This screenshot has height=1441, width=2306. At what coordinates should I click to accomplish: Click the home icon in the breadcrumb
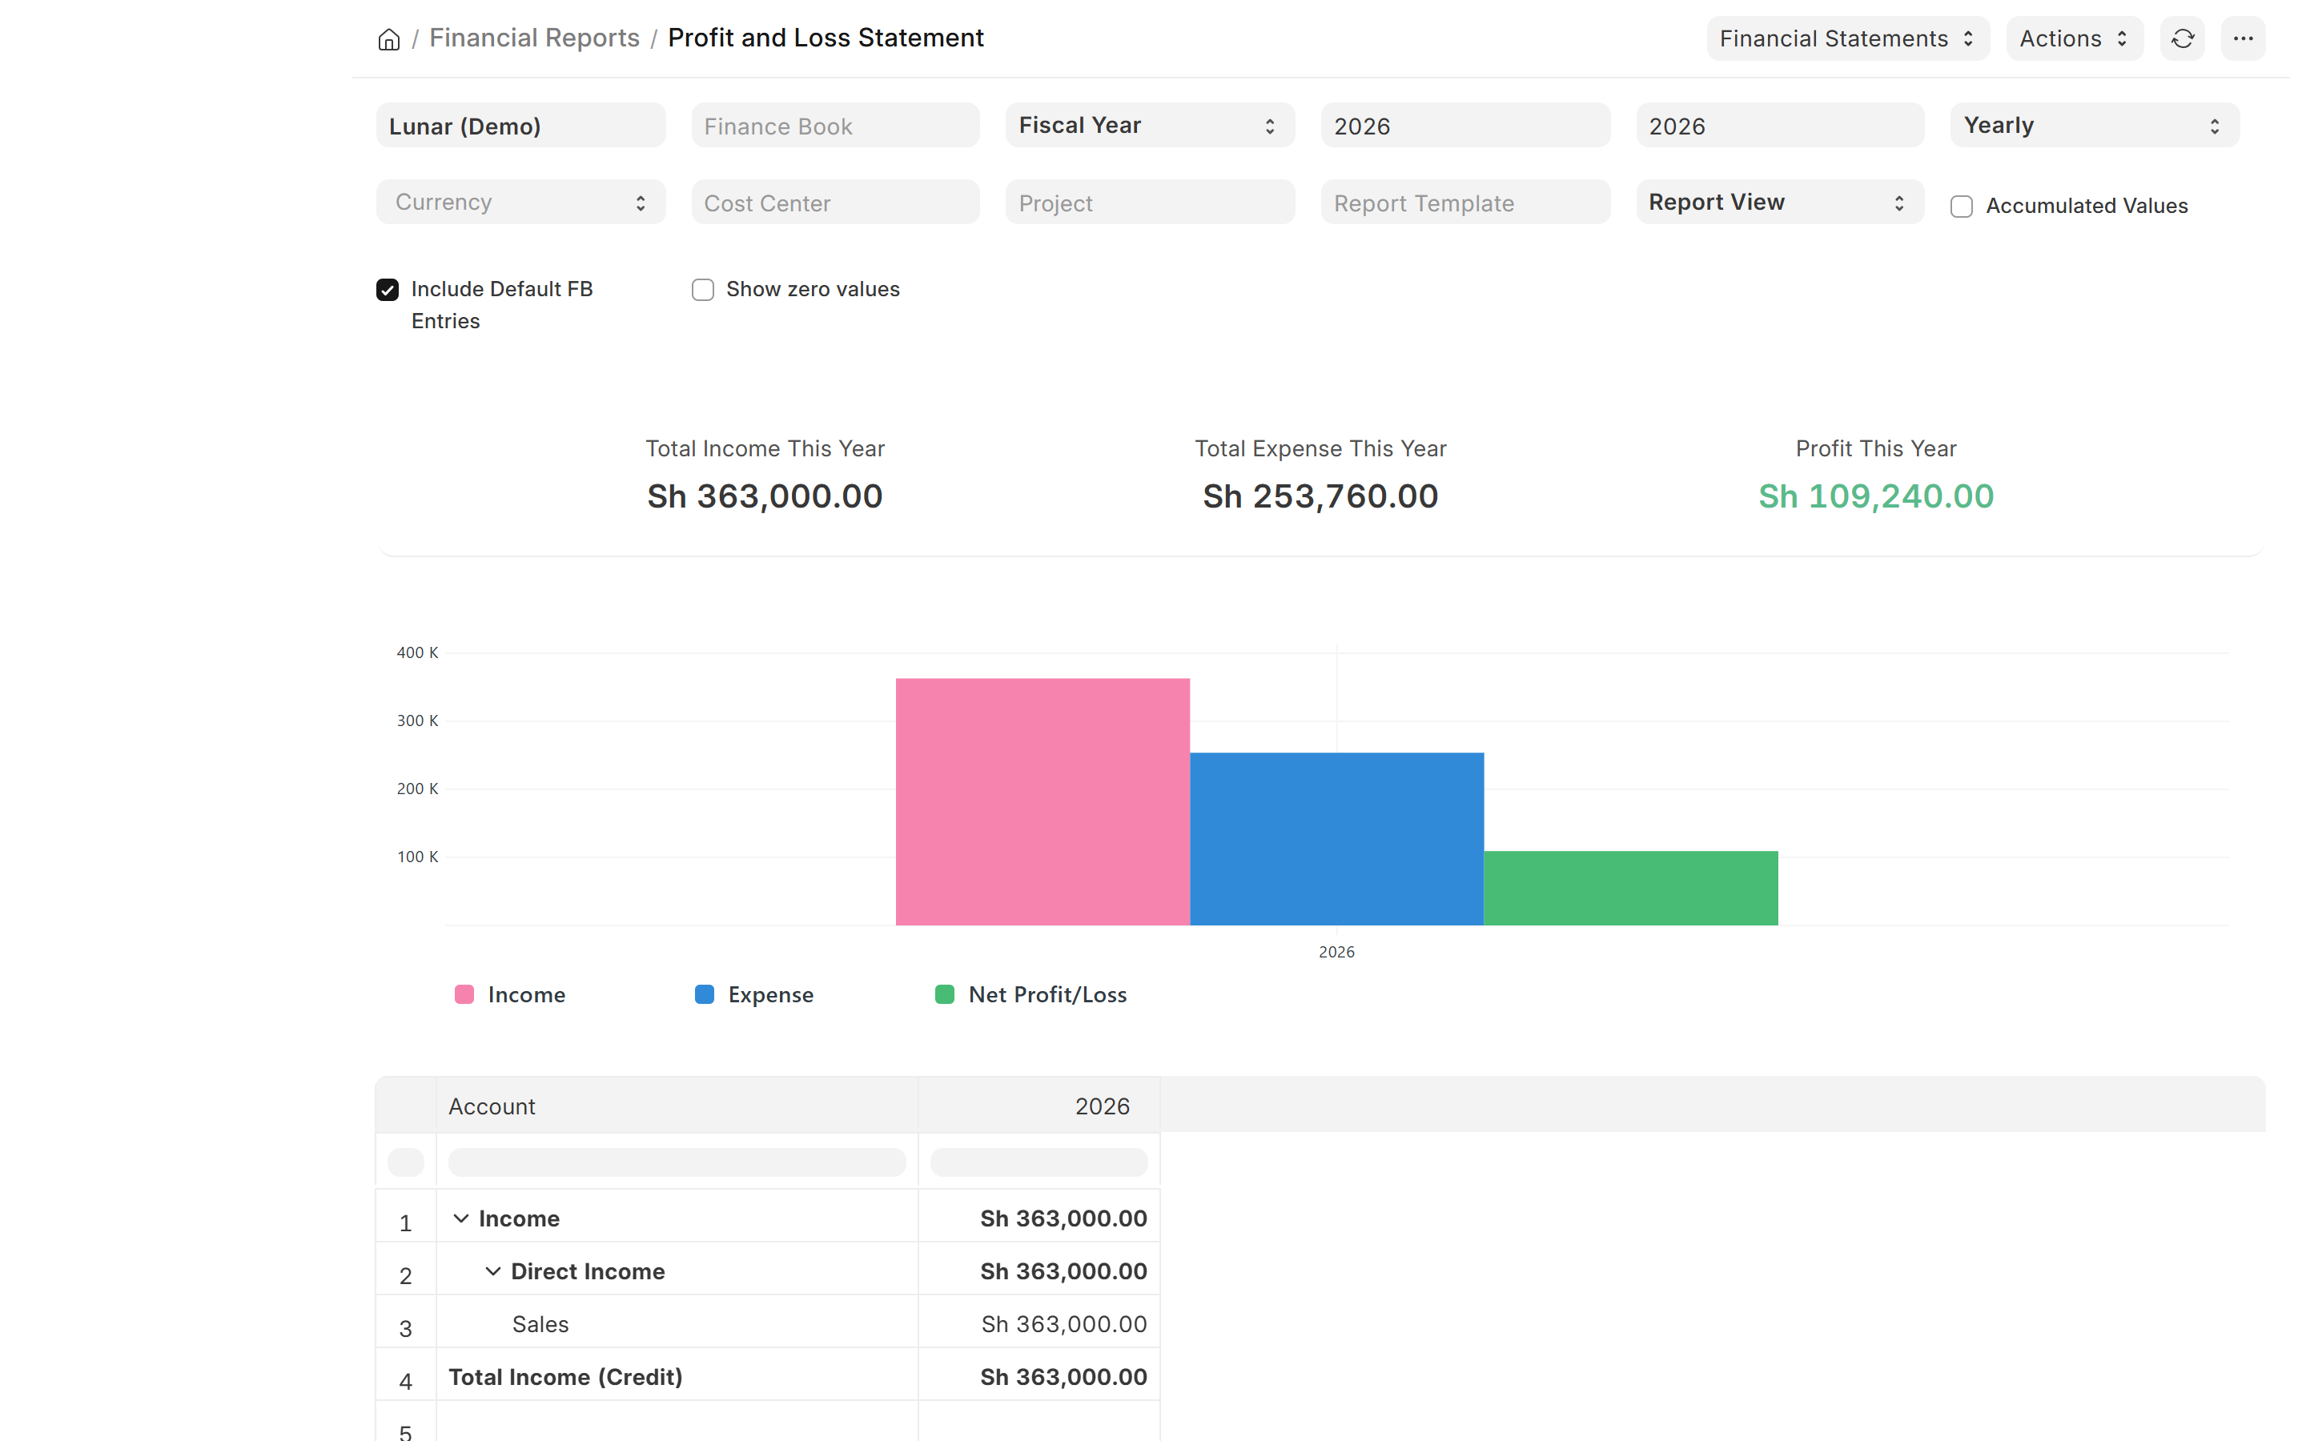tap(389, 39)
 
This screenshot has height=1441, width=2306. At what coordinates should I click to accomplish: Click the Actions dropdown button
tap(2075, 39)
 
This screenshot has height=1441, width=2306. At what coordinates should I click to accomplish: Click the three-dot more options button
tap(2243, 39)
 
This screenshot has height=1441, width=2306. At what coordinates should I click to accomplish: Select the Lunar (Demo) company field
tap(520, 126)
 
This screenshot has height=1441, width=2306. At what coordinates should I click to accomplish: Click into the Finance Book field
tap(835, 126)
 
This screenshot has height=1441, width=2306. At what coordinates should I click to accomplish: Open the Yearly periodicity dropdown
tap(2095, 126)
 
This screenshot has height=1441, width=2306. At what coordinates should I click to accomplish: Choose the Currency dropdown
tap(520, 202)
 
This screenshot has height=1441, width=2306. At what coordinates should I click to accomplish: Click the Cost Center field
tap(835, 202)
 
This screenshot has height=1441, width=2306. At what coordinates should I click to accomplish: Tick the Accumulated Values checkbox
tap(1961, 207)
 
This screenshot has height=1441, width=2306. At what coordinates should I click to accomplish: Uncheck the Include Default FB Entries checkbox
tap(387, 290)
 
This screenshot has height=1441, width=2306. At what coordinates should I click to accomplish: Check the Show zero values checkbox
tap(702, 290)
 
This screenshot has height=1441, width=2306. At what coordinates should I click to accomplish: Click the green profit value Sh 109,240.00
tap(1875, 496)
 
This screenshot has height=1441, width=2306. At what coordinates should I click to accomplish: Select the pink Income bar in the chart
tap(1043, 801)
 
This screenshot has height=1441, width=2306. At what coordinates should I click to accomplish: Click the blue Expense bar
tap(1337, 839)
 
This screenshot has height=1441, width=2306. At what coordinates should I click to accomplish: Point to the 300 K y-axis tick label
tap(417, 720)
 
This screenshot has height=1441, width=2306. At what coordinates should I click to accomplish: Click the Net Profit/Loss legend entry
tap(1031, 995)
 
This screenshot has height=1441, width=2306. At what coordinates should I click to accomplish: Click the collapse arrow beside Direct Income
tap(492, 1271)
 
